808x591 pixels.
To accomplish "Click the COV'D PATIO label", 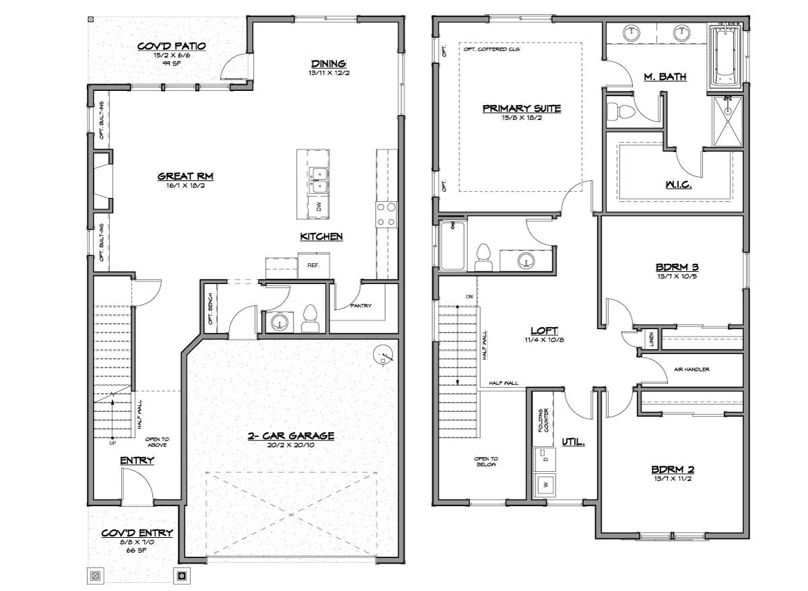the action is (172, 46).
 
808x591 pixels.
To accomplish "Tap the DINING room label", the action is (329, 64).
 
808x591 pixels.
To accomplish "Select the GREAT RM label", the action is (185, 176).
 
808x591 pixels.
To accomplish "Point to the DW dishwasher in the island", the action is (318, 207).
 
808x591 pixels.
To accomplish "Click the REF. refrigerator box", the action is (314, 265).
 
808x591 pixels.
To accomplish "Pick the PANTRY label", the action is (361, 306).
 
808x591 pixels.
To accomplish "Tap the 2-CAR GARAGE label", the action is (291, 436).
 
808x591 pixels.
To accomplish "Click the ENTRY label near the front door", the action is (137, 460).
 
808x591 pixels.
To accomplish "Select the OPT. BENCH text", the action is (211, 309).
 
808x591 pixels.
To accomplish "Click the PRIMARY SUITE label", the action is (522, 108).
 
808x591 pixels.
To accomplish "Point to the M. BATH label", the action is (665, 77).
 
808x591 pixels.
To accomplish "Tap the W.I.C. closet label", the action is (679, 184).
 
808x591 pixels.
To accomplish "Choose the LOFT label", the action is (544, 331).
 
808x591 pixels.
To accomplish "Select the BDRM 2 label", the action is (673, 469).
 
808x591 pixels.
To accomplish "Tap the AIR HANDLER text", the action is (692, 370).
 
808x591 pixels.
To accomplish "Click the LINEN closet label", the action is (651, 339).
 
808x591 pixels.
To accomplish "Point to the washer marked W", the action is (545, 485).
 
